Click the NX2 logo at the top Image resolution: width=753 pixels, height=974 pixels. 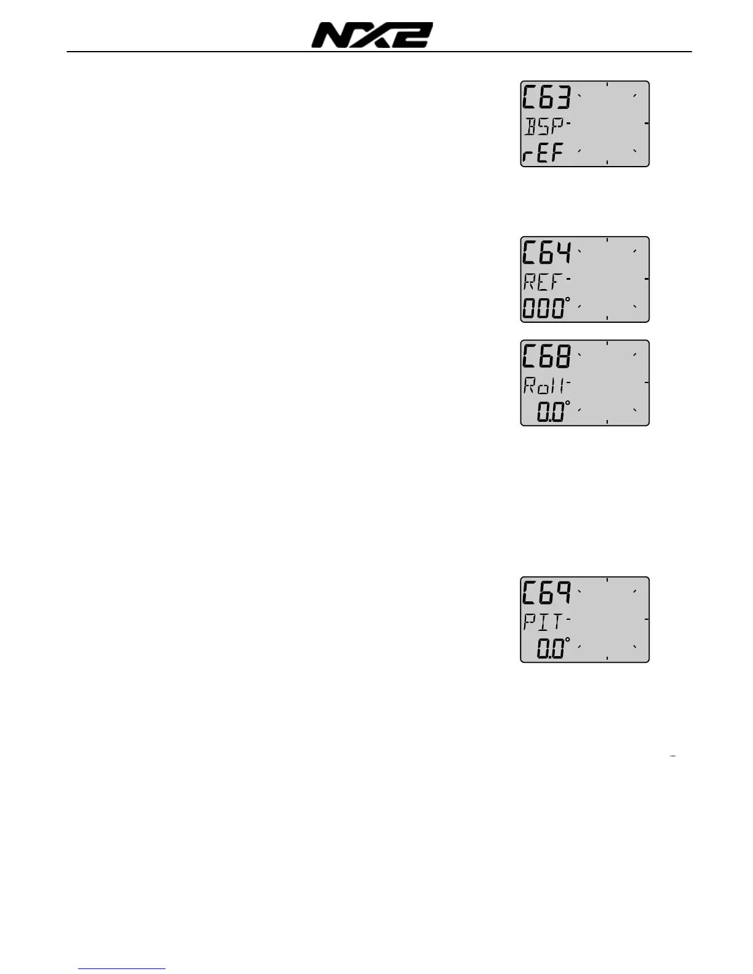[x=372, y=35]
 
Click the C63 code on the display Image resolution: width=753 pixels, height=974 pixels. [x=546, y=98]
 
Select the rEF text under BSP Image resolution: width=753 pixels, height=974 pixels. [x=543, y=153]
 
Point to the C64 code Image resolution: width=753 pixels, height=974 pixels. [x=546, y=253]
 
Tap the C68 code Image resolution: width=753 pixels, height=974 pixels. [x=546, y=357]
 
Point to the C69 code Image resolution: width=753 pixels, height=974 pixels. [x=546, y=593]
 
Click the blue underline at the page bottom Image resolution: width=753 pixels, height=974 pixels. [x=122, y=969]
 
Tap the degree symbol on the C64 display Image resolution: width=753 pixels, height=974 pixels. [x=567, y=300]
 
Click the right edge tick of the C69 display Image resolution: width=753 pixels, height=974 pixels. [x=647, y=619]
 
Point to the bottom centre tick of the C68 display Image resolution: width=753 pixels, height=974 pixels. [x=607, y=422]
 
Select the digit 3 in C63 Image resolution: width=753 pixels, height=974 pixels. [x=562, y=98]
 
